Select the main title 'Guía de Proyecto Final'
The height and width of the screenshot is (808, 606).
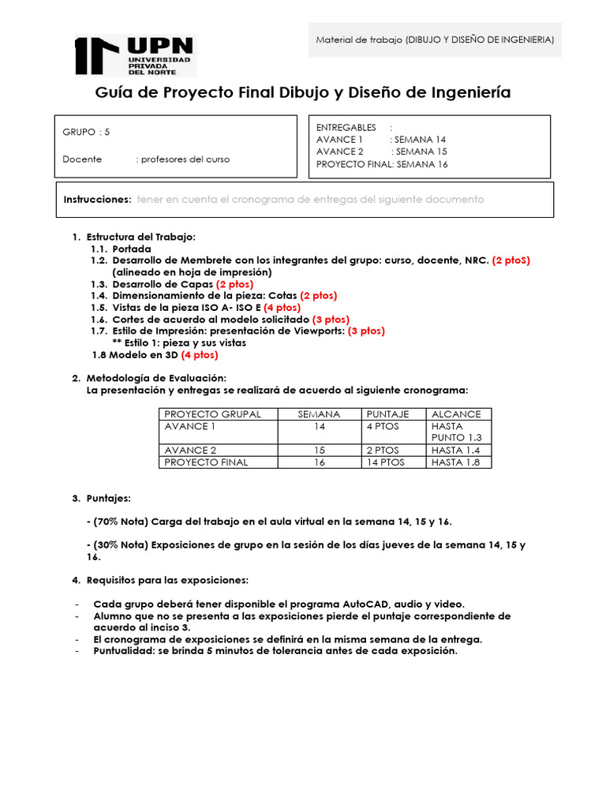coord(302,92)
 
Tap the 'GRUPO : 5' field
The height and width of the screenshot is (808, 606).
coord(87,132)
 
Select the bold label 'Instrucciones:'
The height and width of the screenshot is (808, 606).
coord(97,200)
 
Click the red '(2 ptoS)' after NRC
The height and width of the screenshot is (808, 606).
coord(511,260)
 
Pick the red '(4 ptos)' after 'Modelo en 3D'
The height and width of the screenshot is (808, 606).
coord(200,355)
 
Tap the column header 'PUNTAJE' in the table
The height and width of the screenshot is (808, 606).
coord(387,414)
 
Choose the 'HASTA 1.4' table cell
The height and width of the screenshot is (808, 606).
coord(455,450)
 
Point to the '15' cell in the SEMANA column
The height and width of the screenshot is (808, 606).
coord(320,450)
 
